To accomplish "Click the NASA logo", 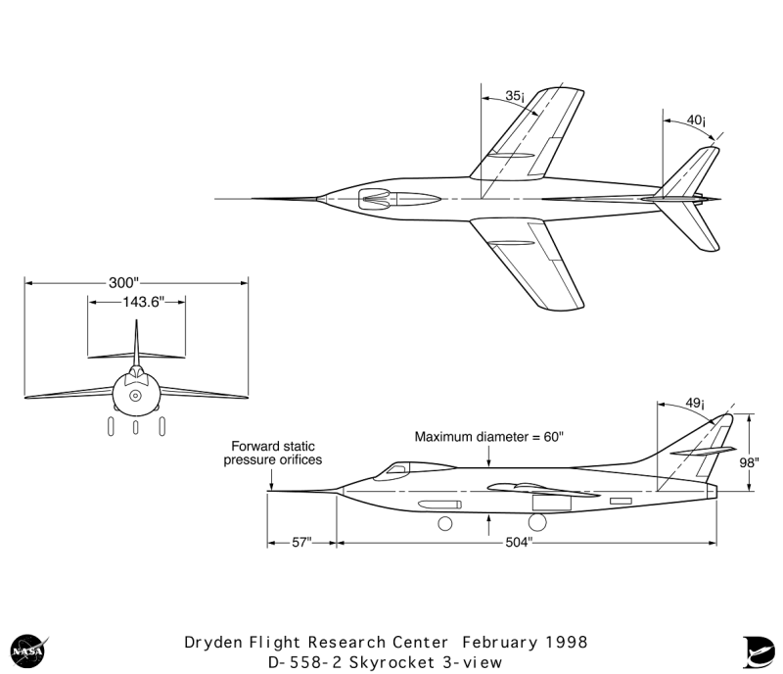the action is (x=29, y=650).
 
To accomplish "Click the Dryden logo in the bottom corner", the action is (x=758, y=651).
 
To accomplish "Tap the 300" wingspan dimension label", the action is (x=123, y=283).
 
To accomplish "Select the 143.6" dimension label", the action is (x=143, y=302).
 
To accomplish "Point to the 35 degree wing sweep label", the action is (x=515, y=95).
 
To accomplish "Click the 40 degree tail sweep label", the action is (x=696, y=120).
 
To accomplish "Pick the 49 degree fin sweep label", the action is (x=695, y=403).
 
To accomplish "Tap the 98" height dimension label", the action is (x=749, y=463).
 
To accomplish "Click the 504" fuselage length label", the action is (x=519, y=543).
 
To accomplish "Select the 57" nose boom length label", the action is (x=301, y=543).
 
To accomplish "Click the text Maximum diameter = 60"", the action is (x=488, y=437).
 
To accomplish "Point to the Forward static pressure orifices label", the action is (x=273, y=453).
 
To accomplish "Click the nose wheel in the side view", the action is (x=445, y=523).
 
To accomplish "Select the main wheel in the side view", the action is (x=537, y=522).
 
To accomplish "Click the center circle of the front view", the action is (x=135, y=396).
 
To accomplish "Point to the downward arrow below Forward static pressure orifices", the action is (x=271, y=479).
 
